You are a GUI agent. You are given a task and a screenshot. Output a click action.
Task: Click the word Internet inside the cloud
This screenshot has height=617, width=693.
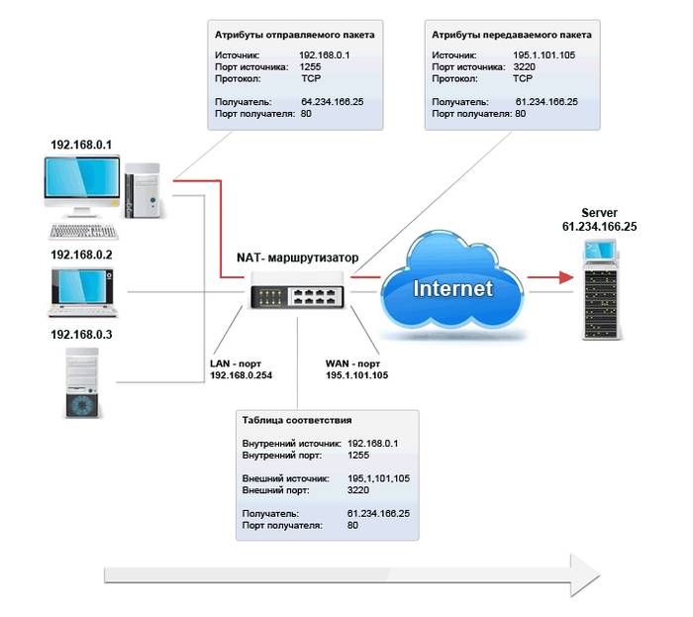click(451, 289)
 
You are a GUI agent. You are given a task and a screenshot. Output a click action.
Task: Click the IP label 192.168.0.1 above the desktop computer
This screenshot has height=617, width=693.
click(81, 145)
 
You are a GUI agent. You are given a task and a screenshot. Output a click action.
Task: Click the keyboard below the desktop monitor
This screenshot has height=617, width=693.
click(83, 232)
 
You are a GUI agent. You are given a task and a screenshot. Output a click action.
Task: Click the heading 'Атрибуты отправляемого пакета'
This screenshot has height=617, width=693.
click(295, 35)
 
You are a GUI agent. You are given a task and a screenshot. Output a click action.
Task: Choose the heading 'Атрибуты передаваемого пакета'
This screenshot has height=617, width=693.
click(512, 35)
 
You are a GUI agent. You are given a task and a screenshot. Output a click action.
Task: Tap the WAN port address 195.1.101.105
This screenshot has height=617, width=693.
click(356, 375)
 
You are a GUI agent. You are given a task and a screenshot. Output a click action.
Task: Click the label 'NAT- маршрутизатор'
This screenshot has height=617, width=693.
click(296, 257)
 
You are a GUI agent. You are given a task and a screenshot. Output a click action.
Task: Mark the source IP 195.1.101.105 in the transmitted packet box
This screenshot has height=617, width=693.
click(545, 55)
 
